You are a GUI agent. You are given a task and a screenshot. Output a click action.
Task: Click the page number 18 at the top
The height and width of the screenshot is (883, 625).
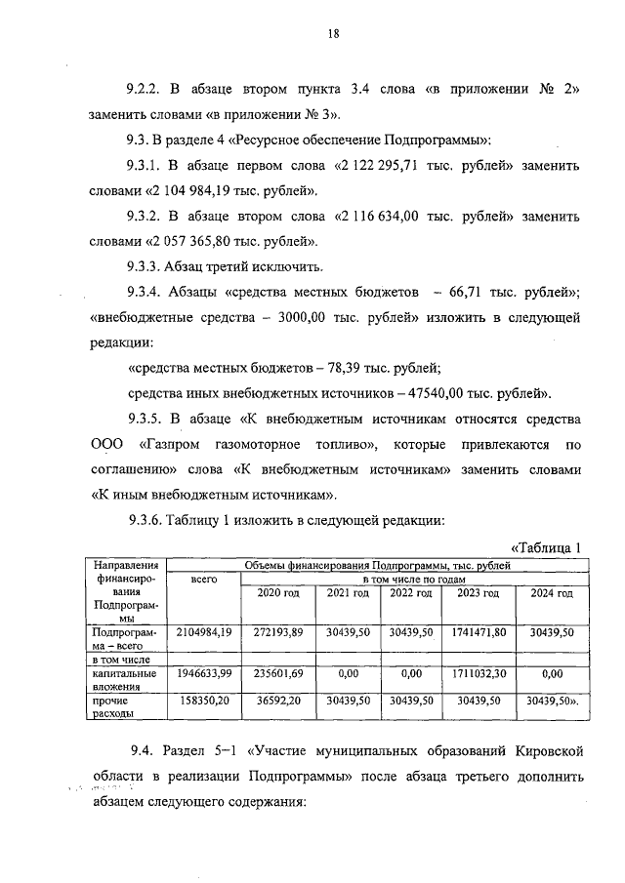(333, 33)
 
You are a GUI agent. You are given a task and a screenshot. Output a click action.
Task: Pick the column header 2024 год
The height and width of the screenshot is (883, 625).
(552, 593)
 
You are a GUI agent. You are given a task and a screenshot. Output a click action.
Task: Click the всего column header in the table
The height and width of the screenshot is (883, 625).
(203, 580)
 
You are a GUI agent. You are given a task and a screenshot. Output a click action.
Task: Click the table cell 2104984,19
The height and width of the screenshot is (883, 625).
(203, 632)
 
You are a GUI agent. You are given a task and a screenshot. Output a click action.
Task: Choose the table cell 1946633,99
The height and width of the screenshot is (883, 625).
(203, 672)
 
